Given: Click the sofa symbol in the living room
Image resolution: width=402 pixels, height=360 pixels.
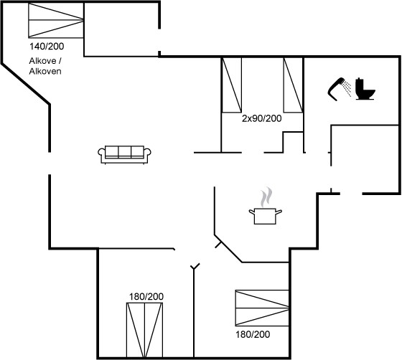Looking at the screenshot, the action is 124,155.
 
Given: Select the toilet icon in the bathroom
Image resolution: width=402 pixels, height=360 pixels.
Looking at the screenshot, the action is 365,89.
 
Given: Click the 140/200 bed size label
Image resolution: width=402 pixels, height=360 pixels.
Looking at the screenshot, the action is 47,47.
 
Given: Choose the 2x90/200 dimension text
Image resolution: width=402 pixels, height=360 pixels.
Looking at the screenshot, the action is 261,118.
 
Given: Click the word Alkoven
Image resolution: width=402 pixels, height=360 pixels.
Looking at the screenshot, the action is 45,71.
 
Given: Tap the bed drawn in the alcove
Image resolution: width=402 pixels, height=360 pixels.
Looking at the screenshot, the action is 56,20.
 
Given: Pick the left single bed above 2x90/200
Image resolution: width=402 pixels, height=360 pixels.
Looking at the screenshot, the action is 231,85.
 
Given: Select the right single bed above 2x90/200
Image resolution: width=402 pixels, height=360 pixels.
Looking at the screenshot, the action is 294,85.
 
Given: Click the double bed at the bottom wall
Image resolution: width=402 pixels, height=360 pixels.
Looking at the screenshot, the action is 144,330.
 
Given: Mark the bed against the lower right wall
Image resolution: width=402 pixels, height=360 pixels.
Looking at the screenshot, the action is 262,308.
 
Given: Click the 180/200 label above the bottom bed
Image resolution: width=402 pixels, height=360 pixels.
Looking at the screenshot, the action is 146,296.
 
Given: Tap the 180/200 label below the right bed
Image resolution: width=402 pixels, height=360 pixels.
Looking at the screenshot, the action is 253,334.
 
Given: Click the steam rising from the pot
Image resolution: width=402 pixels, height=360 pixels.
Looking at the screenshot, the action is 266,196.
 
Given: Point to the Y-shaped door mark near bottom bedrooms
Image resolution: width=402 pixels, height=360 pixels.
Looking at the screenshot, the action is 195,267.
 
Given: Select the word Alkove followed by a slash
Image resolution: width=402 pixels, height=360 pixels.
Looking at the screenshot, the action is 45,61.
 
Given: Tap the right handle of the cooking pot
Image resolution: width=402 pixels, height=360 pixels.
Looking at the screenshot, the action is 279,212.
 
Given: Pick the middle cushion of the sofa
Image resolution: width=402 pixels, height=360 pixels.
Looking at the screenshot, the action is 125,151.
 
